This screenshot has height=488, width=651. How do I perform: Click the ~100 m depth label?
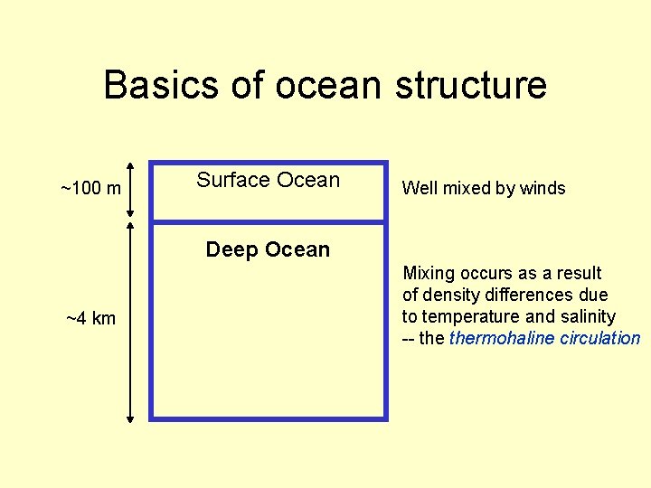click(x=90, y=189)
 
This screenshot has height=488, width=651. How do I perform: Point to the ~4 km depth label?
click(x=91, y=318)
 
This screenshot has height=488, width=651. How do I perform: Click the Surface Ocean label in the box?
click(x=268, y=180)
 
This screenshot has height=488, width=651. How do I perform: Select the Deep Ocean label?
click(x=268, y=249)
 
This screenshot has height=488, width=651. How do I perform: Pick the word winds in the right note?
click(x=542, y=189)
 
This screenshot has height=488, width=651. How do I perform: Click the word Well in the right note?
click(x=419, y=189)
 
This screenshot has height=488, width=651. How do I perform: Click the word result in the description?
click(x=580, y=273)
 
